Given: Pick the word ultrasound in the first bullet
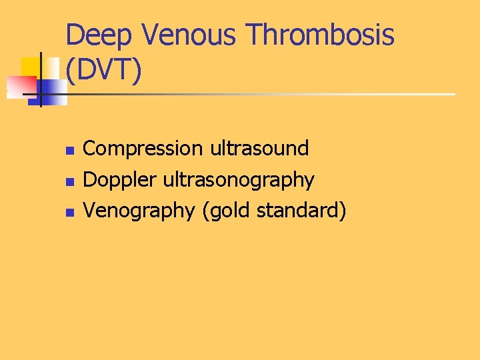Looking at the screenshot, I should point(259,148).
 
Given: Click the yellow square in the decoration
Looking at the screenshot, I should point(30,67).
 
